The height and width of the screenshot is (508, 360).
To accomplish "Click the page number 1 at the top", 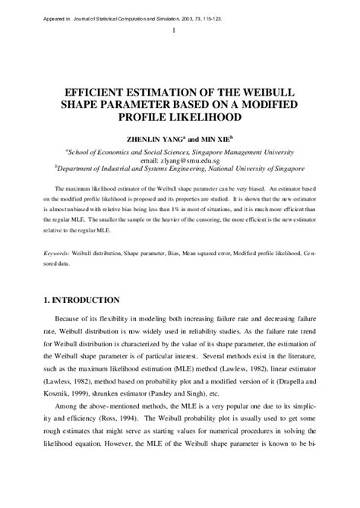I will pyautogui.click(x=175, y=31).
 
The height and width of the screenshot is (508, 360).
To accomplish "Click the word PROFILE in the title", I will pyautogui.click(x=147, y=118).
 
